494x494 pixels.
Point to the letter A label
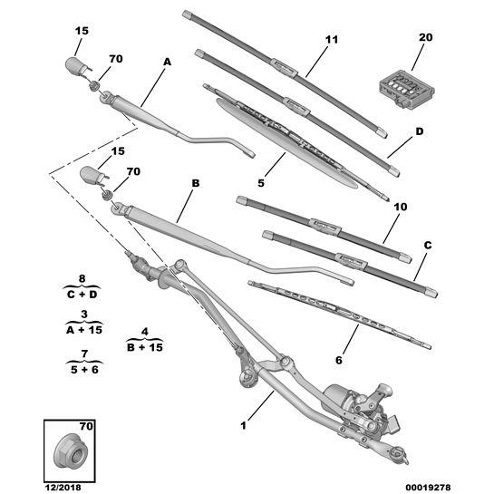167,62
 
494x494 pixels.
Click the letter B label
195,183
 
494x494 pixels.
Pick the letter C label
427,246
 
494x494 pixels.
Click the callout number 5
260,182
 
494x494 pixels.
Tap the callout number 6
338,361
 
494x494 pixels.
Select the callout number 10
401,208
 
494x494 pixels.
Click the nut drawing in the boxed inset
69,446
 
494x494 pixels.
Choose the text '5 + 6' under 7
82,368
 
